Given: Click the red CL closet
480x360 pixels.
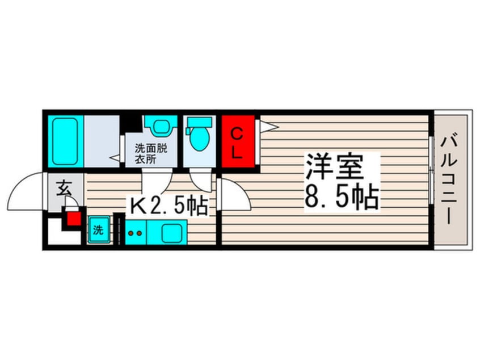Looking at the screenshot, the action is click(238, 141).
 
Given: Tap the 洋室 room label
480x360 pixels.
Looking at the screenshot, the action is click(335, 167).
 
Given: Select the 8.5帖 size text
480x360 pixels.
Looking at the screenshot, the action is click(342, 196).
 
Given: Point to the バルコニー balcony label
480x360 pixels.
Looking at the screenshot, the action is click(449, 181).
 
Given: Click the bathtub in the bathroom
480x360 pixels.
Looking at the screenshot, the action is click(65, 141).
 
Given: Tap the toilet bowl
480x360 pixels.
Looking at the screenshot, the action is click(199, 139).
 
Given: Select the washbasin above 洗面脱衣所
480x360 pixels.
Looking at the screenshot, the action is click(161, 125).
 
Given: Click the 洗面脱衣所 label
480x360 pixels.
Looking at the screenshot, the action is click(151, 154).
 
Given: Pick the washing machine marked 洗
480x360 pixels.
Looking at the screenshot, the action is click(99, 230).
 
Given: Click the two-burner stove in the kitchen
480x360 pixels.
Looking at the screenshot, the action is click(136, 233).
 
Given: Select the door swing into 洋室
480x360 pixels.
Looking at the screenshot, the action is click(234, 194).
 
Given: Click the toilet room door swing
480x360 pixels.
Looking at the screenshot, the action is click(201, 179).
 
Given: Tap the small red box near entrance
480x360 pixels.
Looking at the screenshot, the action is click(74, 219).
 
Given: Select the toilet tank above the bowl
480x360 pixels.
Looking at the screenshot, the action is click(199, 122).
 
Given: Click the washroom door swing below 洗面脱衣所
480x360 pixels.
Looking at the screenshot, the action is click(157, 181).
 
